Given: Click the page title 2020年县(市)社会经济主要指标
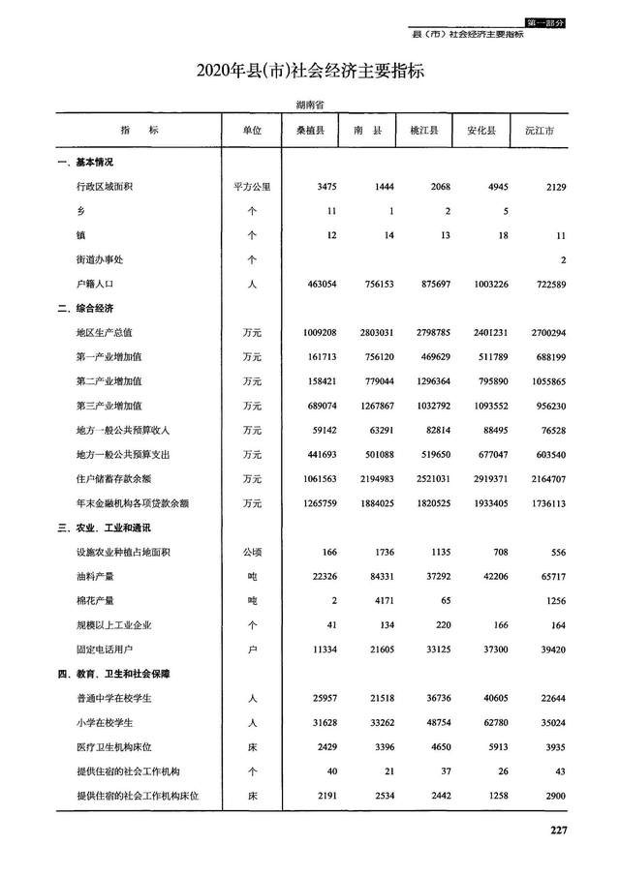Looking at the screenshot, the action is pos(310,72).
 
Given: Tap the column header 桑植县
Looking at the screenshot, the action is pos(309,130).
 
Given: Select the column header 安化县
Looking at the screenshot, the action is pos(481,130).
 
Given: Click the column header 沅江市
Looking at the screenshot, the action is pos(539,130).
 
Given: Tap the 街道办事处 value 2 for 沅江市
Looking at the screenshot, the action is pos(563,259).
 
